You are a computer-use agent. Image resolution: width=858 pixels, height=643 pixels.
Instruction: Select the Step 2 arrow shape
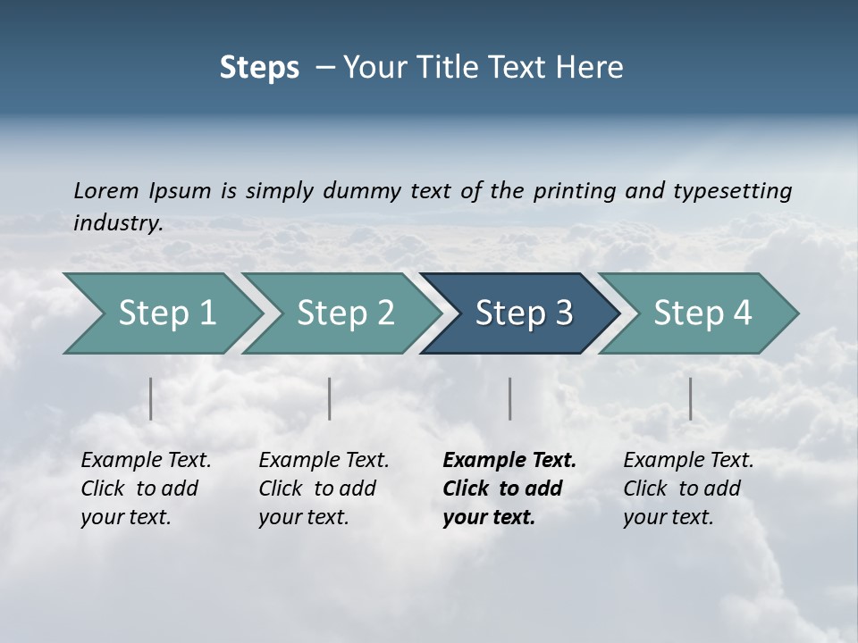pos(344,313)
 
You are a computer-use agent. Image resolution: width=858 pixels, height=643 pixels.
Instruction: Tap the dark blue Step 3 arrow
pos(523,313)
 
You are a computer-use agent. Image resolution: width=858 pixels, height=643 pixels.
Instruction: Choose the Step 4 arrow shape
pos(702,313)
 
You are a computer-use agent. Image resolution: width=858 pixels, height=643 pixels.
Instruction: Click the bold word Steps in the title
pos(259,68)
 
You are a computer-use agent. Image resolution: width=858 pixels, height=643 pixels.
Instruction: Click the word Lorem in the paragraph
pos(106,191)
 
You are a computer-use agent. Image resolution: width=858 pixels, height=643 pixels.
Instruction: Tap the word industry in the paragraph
pos(117,223)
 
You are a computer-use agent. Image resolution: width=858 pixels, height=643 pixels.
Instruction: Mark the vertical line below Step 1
pos(151,398)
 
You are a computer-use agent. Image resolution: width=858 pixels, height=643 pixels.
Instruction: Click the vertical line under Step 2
pos(330,398)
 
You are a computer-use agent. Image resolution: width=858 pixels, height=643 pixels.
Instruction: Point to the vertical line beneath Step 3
pos(510,398)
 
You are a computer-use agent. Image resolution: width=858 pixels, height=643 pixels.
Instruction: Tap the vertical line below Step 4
pos(690,398)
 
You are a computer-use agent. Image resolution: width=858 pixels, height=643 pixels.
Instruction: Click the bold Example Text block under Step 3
pos(509,489)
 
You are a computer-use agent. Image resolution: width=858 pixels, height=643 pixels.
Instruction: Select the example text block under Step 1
pos(145,489)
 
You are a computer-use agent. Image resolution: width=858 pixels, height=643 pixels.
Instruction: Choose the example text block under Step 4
pos(687,489)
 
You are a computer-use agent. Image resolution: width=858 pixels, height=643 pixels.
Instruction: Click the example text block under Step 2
pos(323,489)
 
